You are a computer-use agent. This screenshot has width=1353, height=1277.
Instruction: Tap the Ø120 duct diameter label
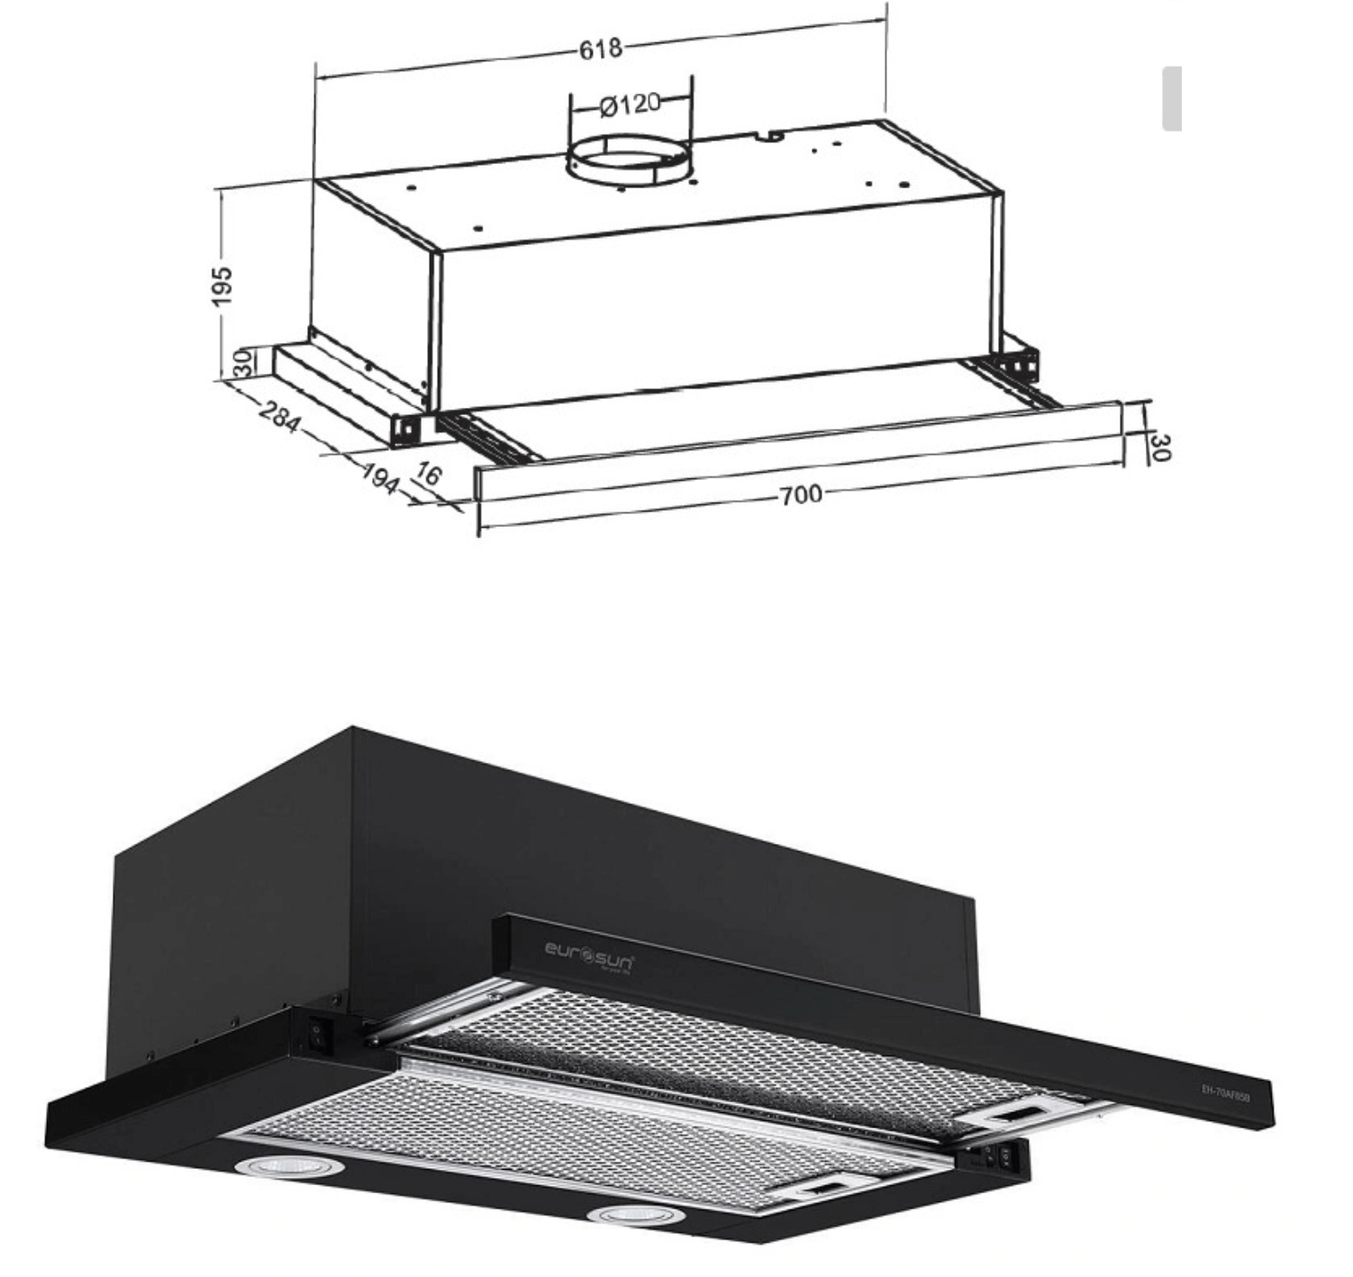630,104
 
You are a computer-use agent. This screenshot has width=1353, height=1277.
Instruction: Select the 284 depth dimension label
279,417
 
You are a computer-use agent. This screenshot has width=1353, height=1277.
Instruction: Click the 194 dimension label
379,477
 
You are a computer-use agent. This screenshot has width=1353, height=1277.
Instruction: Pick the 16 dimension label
427,474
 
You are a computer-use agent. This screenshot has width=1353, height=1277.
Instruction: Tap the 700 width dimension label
800,494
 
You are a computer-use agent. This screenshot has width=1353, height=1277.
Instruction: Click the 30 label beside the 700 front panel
1160,447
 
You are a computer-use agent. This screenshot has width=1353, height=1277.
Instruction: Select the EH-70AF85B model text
1225,1087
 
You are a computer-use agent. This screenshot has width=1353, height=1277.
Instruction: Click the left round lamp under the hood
290,1166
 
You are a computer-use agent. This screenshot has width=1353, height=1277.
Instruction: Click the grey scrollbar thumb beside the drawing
1171,98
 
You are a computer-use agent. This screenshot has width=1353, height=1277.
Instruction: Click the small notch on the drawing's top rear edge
770,137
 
